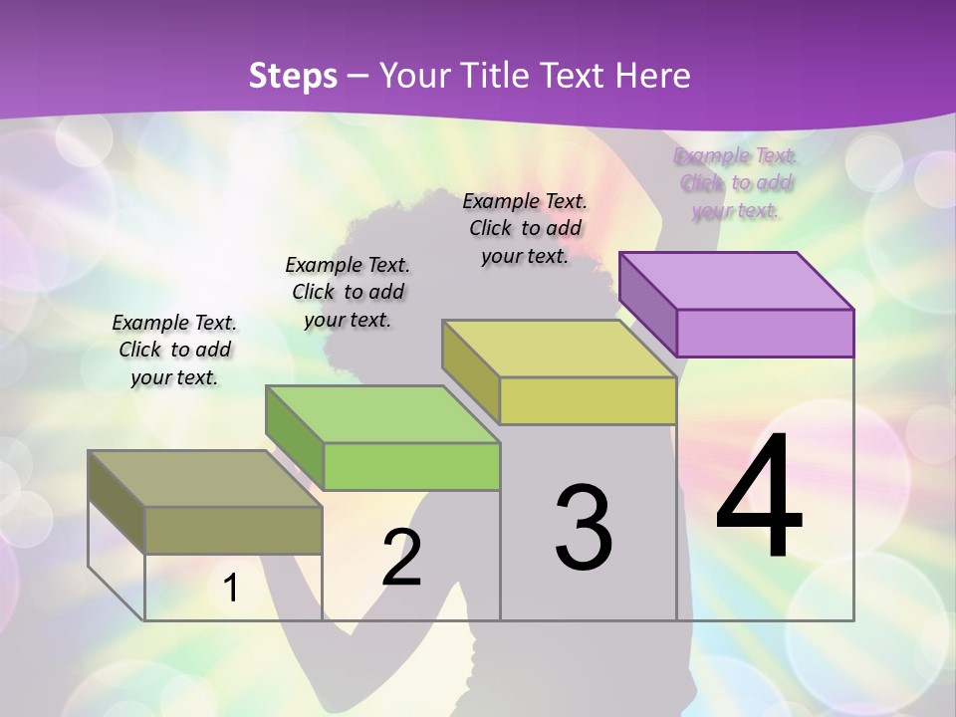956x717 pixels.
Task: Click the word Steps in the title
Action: [293, 76]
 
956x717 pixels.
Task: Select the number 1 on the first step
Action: [231, 589]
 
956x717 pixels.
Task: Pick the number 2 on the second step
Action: [402, 558]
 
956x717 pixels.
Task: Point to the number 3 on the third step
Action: [584, 528]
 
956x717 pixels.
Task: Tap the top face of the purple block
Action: [737, 281]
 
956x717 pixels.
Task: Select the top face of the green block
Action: [382, 414]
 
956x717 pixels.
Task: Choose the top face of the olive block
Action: [205, 479]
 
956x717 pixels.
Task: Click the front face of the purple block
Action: [765, 333]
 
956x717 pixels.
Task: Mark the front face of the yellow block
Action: [588, 400]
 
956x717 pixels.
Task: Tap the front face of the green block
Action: [411, 466]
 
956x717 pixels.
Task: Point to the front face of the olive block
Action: [234, 530]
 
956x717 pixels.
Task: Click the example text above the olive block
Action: [174, 350]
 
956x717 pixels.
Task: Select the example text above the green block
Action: [348, 292]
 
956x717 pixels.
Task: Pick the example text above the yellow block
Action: [525, 228]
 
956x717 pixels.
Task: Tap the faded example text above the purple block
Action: [736, 183]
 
